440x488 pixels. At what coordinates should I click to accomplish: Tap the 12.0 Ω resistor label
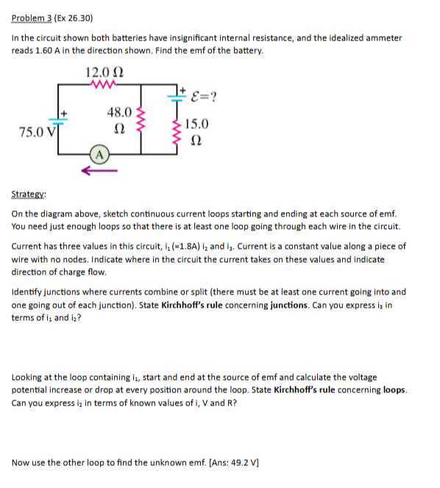(x=103, y=72)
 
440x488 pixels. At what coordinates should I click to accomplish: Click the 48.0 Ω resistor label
(x=120, y=121)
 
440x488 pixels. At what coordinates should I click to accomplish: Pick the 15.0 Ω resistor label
(x=196, y=131)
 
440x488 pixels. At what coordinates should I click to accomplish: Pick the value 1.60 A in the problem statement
(x=49, y=49)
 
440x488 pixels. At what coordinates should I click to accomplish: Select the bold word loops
(x=393, y=389)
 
